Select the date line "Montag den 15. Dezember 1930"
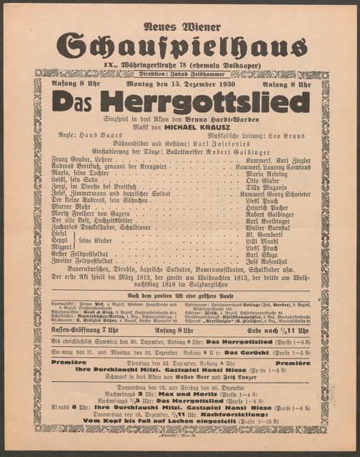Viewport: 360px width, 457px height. pos(181,85)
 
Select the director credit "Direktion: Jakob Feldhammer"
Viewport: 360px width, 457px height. pos(181,74)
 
